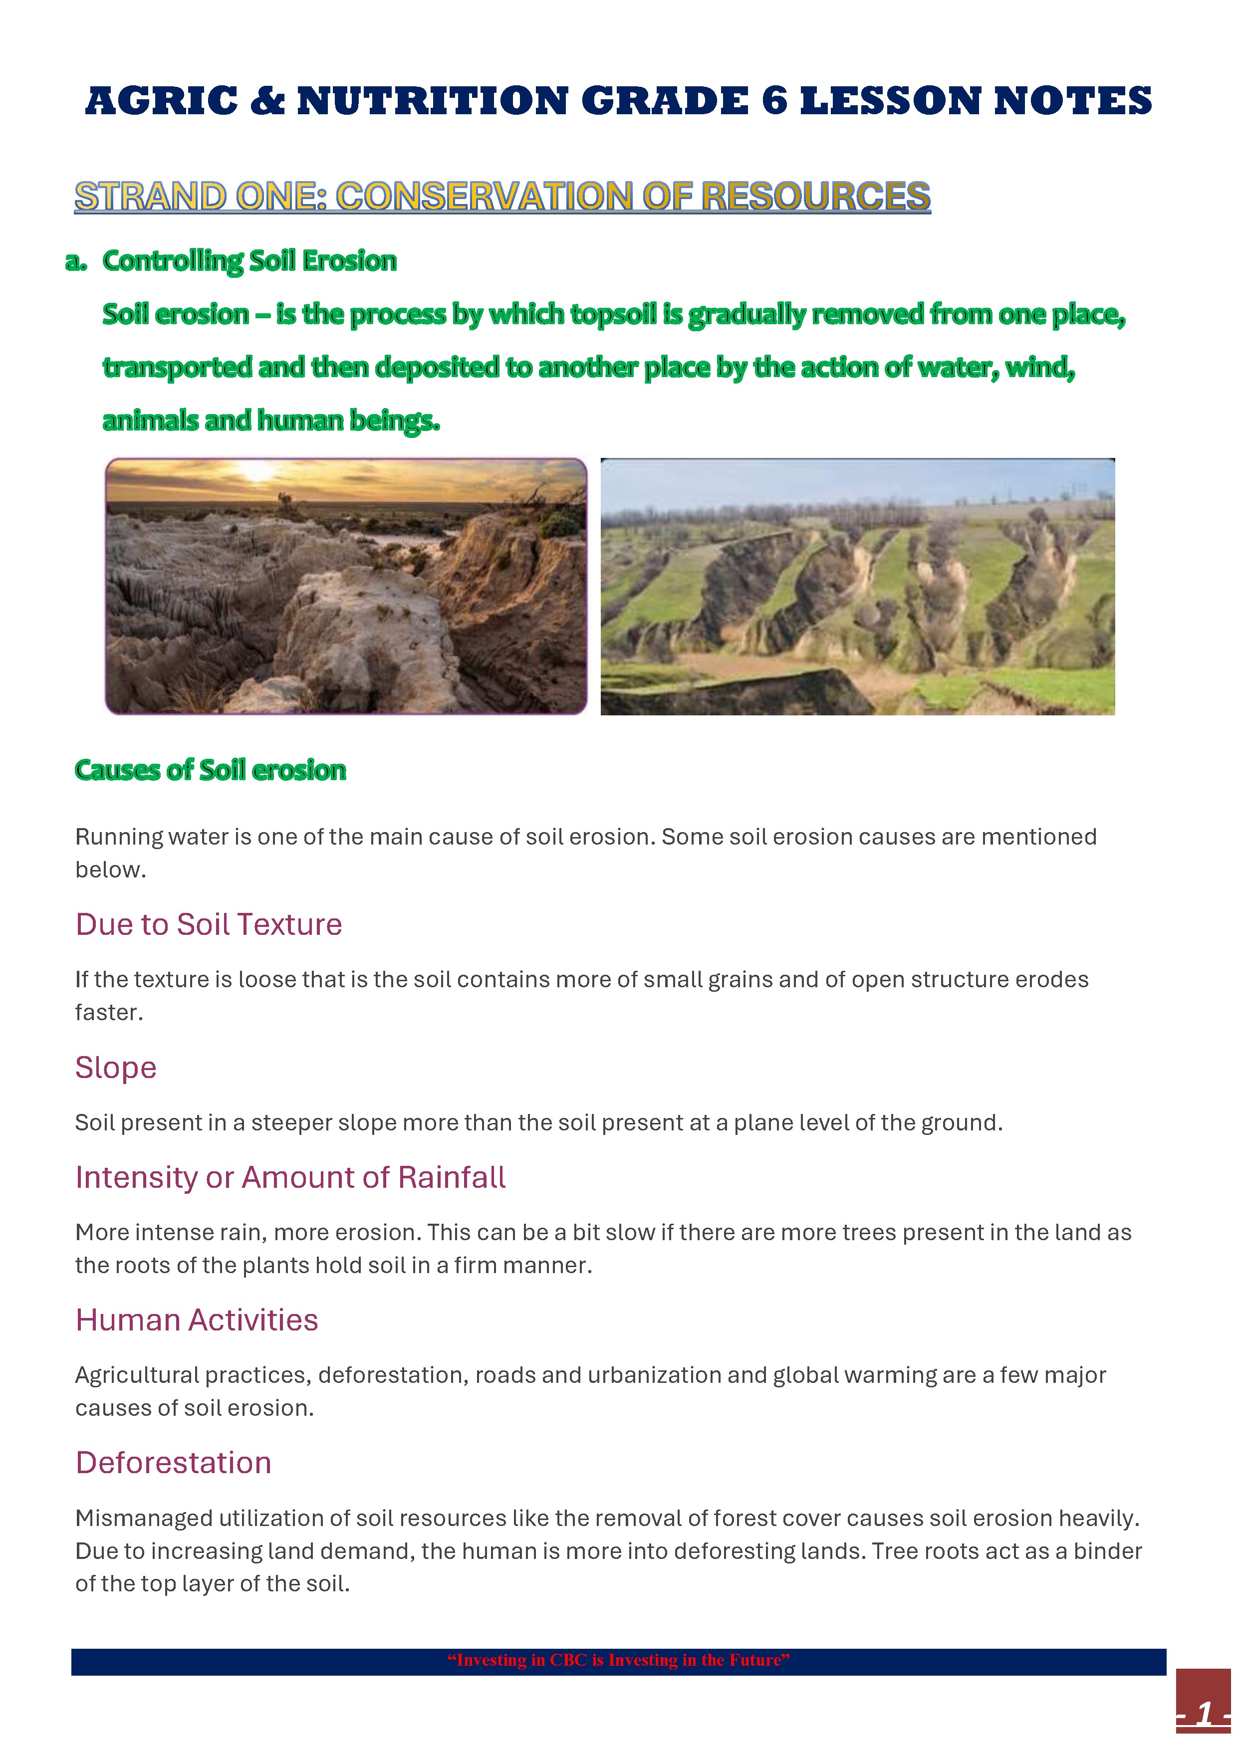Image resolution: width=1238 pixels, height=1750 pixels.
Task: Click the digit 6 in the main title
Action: (774, 101)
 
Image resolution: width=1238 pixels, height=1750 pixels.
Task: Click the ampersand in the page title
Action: (267, 101)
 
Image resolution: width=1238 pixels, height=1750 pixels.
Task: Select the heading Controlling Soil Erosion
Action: (249, 261)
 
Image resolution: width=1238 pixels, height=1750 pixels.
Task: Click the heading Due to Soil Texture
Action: (208, 924)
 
